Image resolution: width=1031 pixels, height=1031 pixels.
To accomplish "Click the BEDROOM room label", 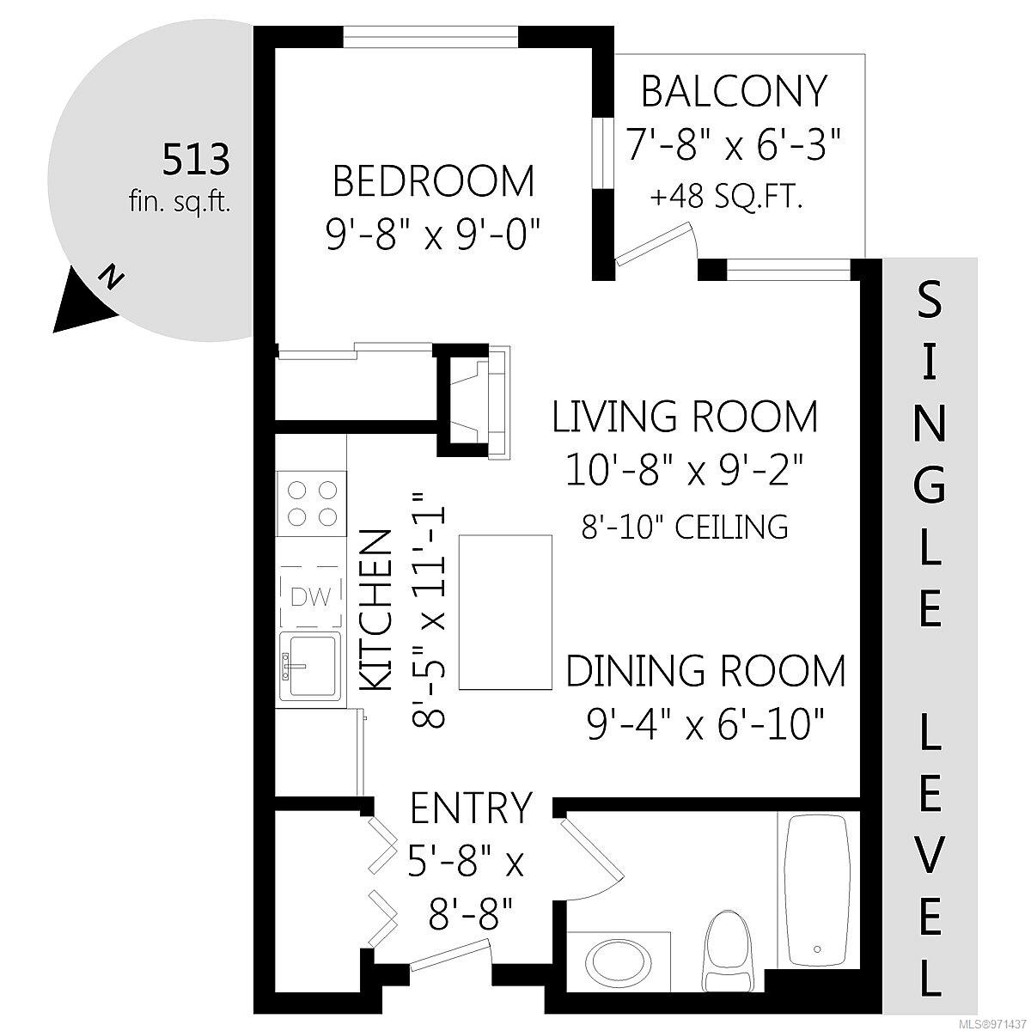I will tap(433, 182).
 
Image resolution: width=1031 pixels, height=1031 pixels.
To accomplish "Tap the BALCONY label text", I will tap(734, 91).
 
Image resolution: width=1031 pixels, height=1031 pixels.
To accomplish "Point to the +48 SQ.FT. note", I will tap(727, 198).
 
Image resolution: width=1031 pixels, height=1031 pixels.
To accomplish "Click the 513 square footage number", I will tap(197, 160).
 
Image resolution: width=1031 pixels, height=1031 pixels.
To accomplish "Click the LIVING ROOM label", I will tap(684, 418).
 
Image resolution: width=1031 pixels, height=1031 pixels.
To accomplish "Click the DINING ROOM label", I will tap(705, 671).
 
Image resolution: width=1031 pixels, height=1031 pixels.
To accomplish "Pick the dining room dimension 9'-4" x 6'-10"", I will tap(705, 724).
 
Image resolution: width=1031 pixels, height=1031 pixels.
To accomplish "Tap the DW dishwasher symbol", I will tap(310, 596).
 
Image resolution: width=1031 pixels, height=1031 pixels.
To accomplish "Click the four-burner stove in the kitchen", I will tap(310, 503).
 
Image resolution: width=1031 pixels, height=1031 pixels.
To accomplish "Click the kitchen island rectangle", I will tap(505, 612).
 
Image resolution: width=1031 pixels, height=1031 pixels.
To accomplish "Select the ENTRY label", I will tap(471, 808).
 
